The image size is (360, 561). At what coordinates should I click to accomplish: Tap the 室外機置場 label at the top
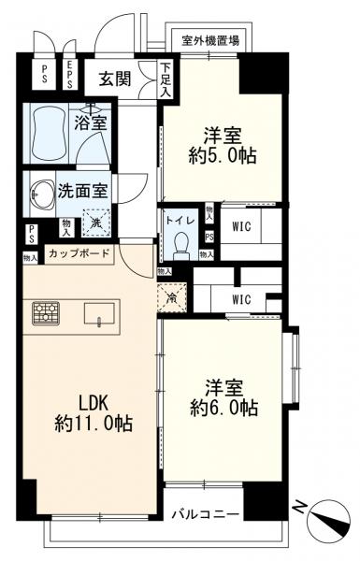[210, 40]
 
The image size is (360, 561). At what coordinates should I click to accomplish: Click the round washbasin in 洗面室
[42, 194]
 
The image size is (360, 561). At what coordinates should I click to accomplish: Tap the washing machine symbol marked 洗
[95, 223]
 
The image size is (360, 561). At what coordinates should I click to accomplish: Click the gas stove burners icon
[45, 312]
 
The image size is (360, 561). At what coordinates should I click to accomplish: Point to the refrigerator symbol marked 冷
[172, 297]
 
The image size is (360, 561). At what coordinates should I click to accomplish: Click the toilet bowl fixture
[181, 243]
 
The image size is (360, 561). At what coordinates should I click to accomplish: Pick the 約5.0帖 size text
[223, 154]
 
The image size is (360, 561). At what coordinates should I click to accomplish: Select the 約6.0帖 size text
[223, 408]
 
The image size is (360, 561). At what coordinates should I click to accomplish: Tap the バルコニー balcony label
[207, 514]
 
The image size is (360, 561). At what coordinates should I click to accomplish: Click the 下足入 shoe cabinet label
[166, 80]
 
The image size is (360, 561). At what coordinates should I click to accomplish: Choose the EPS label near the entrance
[69, 75]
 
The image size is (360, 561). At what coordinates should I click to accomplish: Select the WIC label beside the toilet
[241, 224]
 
